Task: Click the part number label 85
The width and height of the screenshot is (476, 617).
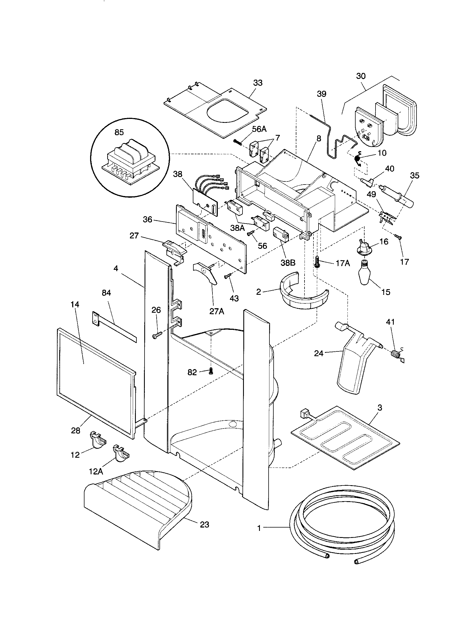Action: tap(119, 132)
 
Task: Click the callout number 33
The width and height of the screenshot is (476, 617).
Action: tap(257, 83)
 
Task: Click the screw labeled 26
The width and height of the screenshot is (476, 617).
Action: tap(157, 335)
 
